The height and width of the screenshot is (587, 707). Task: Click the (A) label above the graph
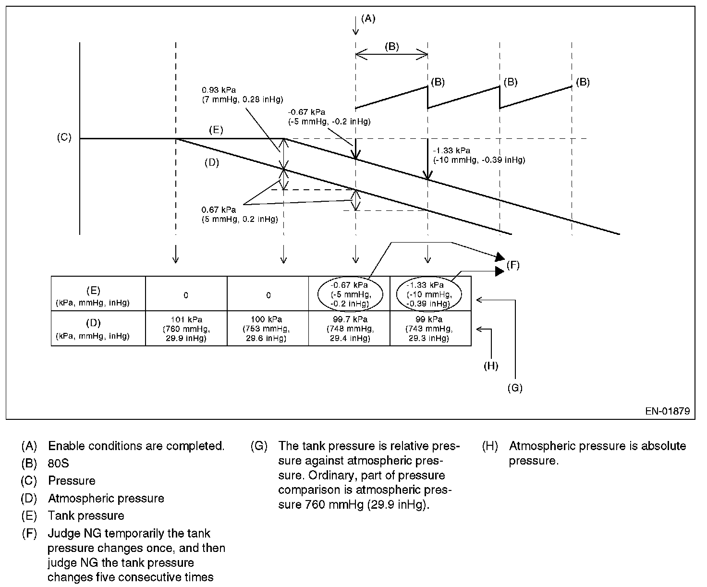[x=368, y=19]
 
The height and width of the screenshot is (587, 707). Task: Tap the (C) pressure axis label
[x=64, y=137]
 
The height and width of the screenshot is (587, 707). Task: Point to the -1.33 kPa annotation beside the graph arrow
[x=478, y=155]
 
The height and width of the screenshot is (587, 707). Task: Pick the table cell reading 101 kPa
[x=186, y=329]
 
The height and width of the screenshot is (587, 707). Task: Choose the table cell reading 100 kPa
[x=268, y=329]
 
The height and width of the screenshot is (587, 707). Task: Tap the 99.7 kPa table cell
[x=349, y=329]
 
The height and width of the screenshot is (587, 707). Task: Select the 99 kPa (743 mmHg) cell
[x=429, y=329]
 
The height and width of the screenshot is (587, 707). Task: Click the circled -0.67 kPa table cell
[x=349, y=294]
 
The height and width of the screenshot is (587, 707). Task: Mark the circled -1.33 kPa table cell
[x=429, y=294]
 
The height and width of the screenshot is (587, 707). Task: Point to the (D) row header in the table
[x=92, y=329]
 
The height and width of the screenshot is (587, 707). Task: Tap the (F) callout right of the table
[x=513, y=265]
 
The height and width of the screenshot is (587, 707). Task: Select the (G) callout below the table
[x=514, y=388]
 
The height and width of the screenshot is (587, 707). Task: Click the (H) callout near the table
[x=490, y=366]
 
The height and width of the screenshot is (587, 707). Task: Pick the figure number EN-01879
[x=668, y=411]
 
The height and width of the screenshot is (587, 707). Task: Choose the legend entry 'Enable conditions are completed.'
[x=136, y=446]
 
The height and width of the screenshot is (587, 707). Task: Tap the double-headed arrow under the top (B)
[x=391, y=55]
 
